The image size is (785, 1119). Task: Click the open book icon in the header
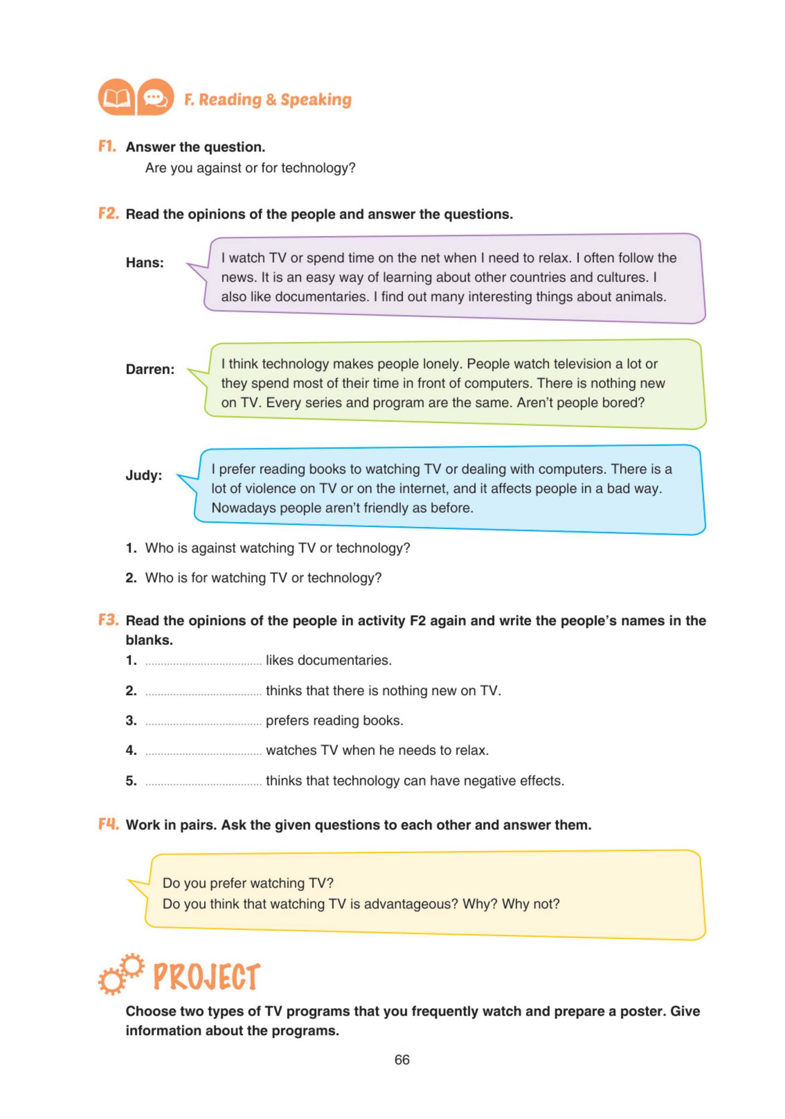116,97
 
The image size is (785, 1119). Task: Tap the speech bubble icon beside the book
156,97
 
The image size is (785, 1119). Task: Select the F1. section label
107,146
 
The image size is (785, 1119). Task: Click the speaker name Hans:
145,263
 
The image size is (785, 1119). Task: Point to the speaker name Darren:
150,369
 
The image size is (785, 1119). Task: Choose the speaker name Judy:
144,475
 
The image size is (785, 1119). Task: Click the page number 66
401,1059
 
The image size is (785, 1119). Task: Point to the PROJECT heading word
207,976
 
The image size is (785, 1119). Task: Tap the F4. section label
108,824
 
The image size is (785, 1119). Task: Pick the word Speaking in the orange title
316,99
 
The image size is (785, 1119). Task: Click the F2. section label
108,213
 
